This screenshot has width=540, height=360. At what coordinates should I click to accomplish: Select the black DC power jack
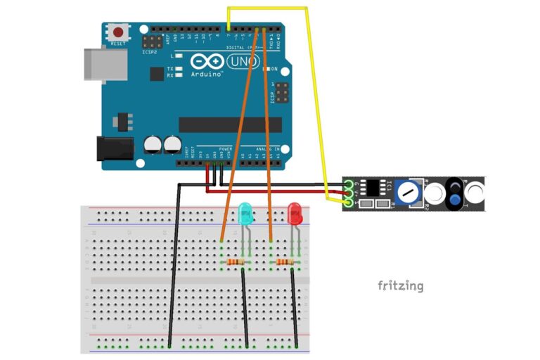(114, 147)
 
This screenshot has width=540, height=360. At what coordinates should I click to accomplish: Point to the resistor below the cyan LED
(237, 262)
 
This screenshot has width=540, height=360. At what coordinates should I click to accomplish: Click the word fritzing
(400, 285)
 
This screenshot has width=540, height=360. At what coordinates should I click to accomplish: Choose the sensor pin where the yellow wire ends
(349, 203)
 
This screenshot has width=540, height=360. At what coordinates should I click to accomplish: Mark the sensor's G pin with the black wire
(349, 184)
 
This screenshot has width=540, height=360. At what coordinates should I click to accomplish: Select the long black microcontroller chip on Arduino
(229, 124)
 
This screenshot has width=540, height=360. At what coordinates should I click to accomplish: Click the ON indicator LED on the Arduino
(268, 70)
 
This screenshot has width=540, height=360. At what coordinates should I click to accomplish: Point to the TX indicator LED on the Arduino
(180, 68)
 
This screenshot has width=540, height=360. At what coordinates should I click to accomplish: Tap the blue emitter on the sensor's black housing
(455, 201)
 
